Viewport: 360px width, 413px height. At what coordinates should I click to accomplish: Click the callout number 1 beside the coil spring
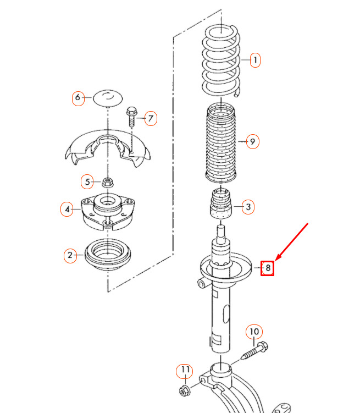click(254, 60)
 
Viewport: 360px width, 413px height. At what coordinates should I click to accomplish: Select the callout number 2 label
click(70, 255)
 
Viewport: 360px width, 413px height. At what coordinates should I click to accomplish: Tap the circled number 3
click(248, 207)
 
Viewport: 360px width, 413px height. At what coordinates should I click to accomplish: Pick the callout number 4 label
click(67, 210)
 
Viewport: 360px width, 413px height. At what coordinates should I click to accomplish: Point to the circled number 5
click(87, 181)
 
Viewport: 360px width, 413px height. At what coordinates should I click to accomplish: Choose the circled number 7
click(151, 119)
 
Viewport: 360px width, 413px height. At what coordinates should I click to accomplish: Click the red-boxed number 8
click(267, 268)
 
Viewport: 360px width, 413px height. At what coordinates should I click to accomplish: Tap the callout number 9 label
click(253, 142)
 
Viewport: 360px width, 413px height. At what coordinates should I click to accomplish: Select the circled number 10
click(254, 332)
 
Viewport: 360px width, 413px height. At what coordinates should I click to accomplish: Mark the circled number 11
click(185, 371)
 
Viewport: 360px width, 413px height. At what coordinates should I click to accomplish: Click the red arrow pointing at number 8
click(291, 242)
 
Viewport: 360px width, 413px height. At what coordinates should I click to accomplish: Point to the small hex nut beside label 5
click(107, 182)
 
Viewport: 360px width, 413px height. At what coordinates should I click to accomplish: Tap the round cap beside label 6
click(108, 98)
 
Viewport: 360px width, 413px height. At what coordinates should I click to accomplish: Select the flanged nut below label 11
click(185, 391)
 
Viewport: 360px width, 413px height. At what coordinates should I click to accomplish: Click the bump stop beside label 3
click(221, 203)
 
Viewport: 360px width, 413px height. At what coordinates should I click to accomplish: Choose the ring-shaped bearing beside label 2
click(108, 255)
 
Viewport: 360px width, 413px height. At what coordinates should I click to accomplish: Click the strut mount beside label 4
click(108, 211)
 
